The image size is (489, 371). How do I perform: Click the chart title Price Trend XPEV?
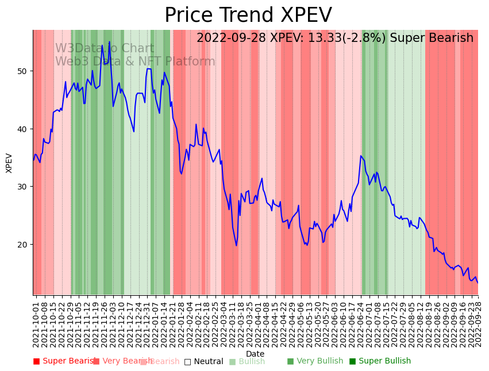point(248,16)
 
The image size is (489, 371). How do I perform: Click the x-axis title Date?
point(255,354)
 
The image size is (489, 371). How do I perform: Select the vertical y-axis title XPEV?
point(9,163)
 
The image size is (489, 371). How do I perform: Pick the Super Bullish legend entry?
point(380,361)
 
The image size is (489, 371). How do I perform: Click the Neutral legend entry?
point(203,361)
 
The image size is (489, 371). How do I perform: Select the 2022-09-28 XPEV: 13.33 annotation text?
point(334,38)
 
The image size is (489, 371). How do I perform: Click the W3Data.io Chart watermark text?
point(105,49)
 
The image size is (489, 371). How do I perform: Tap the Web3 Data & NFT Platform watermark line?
point(135,61)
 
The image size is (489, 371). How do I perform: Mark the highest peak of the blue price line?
point(109,41)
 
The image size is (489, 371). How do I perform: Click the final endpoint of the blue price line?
point(478,283)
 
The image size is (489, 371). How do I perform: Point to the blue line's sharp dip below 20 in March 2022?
point(236,245)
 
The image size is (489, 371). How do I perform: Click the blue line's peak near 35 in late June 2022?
point(361,156)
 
